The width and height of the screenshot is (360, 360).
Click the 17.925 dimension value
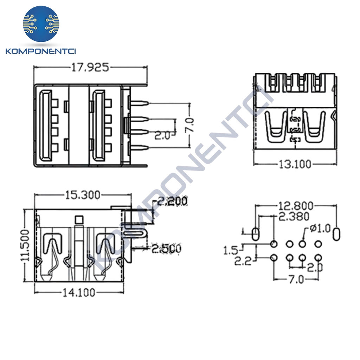90,67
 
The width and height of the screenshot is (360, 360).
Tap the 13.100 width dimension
295,164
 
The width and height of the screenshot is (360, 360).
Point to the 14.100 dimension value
79,292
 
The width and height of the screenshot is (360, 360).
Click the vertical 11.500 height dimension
25,246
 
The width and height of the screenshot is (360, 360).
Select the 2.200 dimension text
172,201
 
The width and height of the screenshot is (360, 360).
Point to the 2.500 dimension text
166,249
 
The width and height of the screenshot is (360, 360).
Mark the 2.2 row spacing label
243,261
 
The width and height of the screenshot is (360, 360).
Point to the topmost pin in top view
139,104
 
